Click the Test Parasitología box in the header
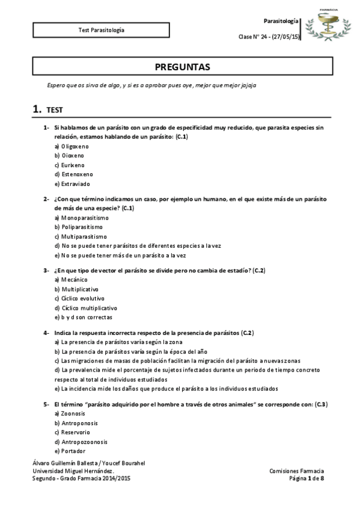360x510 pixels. pyautogui.click(x=102, y=29)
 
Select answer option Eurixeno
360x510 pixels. pyautogui.click(x=70, y=165)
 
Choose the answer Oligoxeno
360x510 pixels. pyautogui.click(x=72, y=146)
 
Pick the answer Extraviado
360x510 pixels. pyautogui.click(x=72, y=183)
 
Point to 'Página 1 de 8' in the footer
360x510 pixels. pyautogui.click(x=307, y=478)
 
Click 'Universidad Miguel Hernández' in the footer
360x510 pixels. pyautogui.click(x=73, y=470)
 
